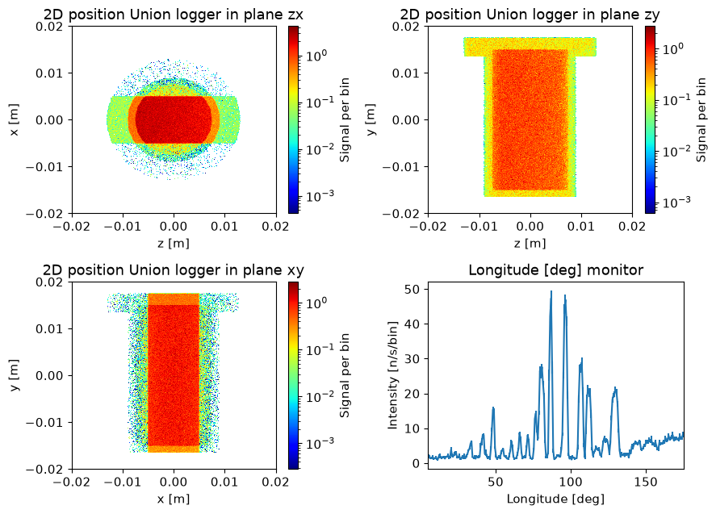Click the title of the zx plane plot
(174, 15)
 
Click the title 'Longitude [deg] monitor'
(555, 270)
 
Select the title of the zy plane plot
(530, 15)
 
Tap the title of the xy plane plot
(174, 270)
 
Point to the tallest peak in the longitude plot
(551, 291)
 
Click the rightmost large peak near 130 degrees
(615, 388)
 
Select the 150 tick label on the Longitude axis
(646, 482)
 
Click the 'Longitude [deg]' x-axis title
(555, 499)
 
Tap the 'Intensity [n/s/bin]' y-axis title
(392, 375)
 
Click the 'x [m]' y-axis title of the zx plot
(15, 119)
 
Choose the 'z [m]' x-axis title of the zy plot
(530, 244)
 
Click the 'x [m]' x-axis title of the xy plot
(174, 499)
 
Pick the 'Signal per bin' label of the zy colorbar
(701, 119)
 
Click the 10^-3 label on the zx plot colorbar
(320, 196)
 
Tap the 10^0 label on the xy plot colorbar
(316, 303)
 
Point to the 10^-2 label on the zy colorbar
(676, 151)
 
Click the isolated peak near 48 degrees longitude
(493, 407)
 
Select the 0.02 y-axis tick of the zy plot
(406, 26)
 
